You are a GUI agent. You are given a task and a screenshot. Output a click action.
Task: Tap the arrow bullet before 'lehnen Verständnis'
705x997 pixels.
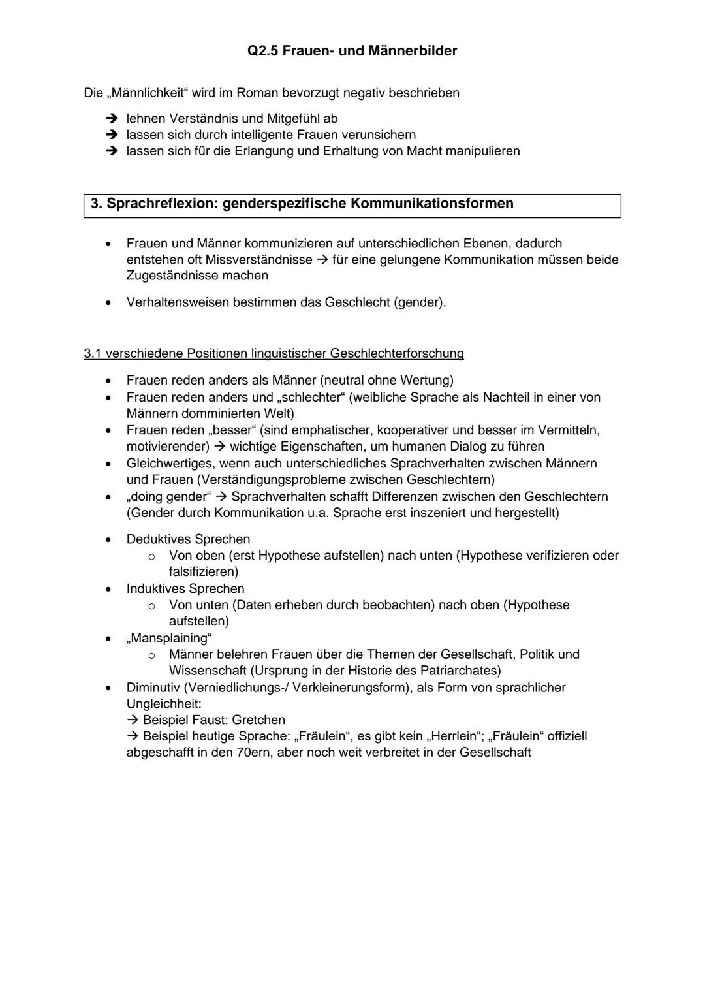(112, 118)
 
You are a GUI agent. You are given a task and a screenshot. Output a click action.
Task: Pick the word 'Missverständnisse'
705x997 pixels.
(258, 259)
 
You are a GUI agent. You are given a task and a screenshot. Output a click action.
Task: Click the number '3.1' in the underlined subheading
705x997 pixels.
(93, 353)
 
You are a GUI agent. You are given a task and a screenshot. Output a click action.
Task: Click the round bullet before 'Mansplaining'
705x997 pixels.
(109, 638)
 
